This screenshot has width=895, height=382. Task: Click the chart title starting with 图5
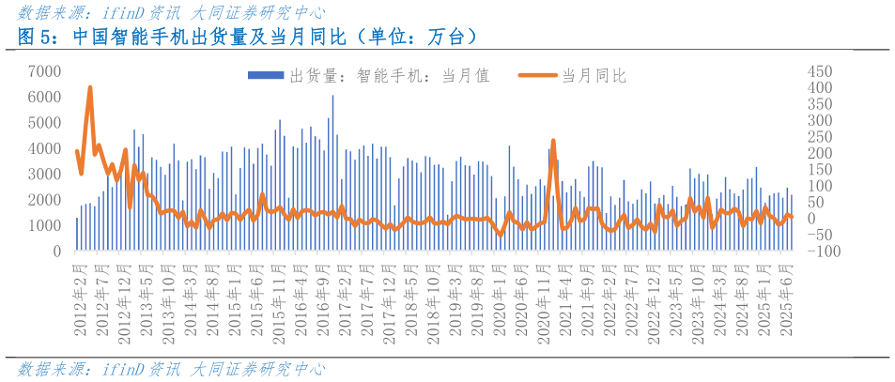(250, 38)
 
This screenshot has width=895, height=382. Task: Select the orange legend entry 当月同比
(573, 76)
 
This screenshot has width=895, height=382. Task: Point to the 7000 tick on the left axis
(45, 71)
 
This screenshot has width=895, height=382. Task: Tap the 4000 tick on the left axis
(45, 148)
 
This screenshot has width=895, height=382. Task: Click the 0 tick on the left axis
(57, 252)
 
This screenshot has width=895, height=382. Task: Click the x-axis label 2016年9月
(324, 296)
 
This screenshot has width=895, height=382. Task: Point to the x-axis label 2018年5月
(411, 296)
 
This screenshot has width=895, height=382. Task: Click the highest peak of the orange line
(90, 87)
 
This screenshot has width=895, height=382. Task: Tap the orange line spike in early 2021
(553, 141)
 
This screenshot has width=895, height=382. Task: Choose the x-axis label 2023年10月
(696, 296)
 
